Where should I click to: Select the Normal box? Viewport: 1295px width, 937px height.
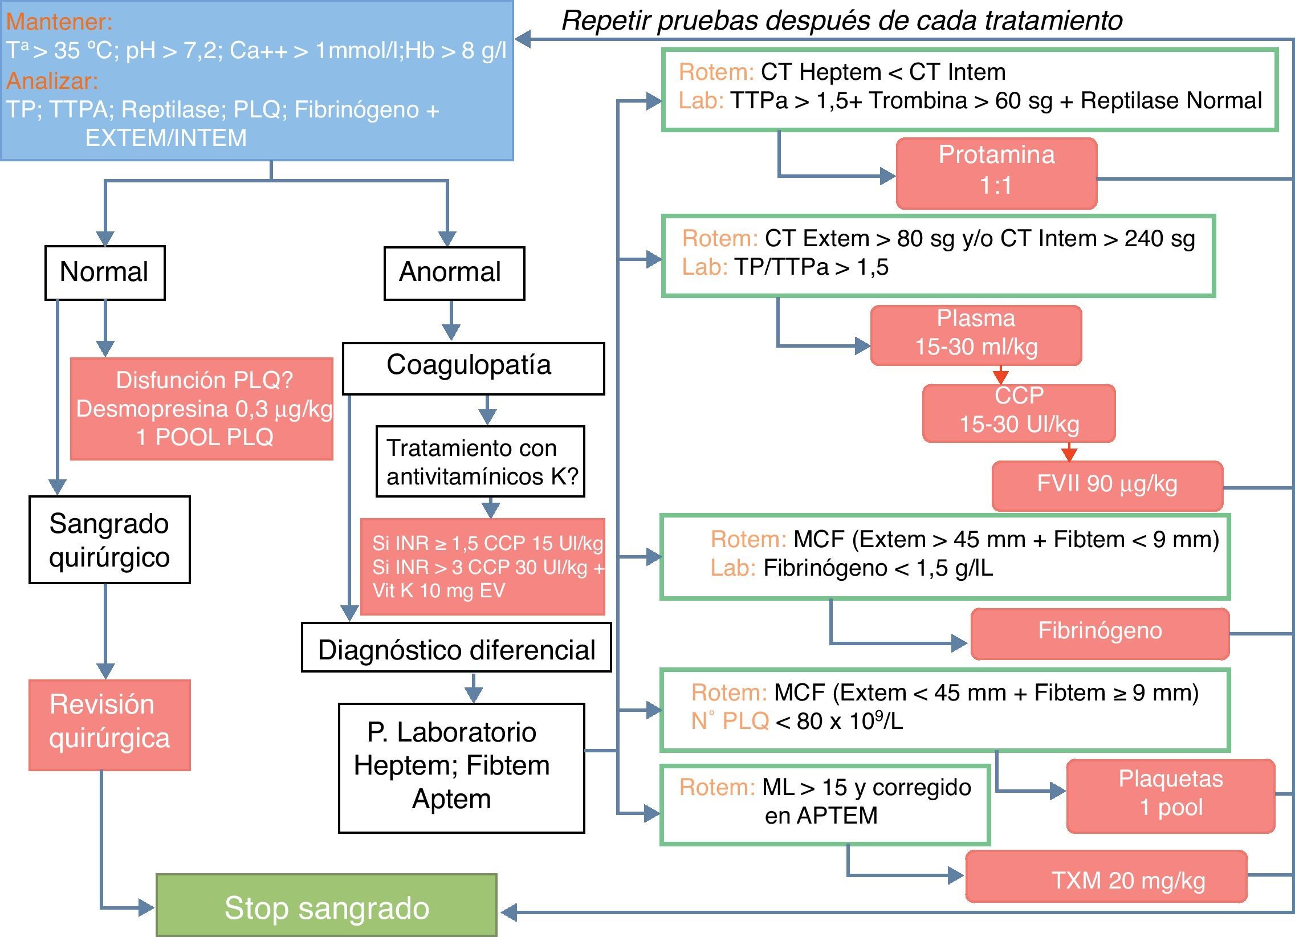point(105,272)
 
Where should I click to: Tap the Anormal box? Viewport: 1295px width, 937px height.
point(454,273)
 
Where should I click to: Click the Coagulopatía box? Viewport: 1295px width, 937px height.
point(473,368)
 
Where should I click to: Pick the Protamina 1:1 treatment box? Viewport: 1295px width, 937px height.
point(996,173)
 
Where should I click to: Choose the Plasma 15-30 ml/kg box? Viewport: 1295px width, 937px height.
point(976,335)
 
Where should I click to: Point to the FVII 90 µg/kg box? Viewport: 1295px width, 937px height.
point(1107,486)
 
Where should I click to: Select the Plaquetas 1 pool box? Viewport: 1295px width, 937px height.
point(1171,796)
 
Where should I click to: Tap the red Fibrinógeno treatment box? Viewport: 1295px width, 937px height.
point(1099,633)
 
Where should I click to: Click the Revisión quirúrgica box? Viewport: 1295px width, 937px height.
point(109,724)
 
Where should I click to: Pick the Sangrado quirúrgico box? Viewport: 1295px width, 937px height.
point(109,540)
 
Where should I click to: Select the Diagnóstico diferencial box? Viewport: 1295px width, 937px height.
point(456,647)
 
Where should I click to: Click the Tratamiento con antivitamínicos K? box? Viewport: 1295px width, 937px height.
point(480,461)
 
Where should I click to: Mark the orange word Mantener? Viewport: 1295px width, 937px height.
point(59,22)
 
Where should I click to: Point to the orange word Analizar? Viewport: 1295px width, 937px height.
point(52,81)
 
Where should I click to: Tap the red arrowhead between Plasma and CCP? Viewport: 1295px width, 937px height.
point(1000,377)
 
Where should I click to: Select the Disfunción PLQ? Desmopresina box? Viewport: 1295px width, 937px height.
point(202,408)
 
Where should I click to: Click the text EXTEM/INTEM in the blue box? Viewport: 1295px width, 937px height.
point(166,138)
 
